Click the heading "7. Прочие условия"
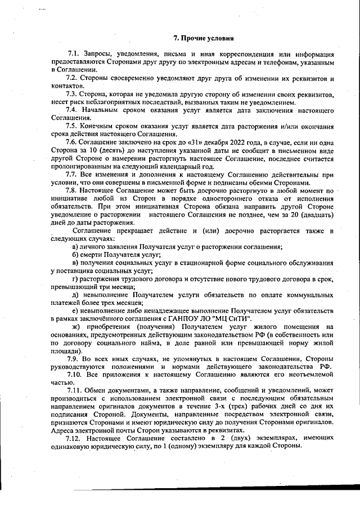pyautogui.click(x=202, y=38)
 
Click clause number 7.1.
pyautogui.click(x=73, y=53)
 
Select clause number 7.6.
pyautogui.click(x=73, y=143)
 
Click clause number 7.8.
pyautogui.click(x=73, y=191)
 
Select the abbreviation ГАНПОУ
pyautogui.click(x=198, y=318)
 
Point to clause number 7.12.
pyautogui.click(x=75, y=438)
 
